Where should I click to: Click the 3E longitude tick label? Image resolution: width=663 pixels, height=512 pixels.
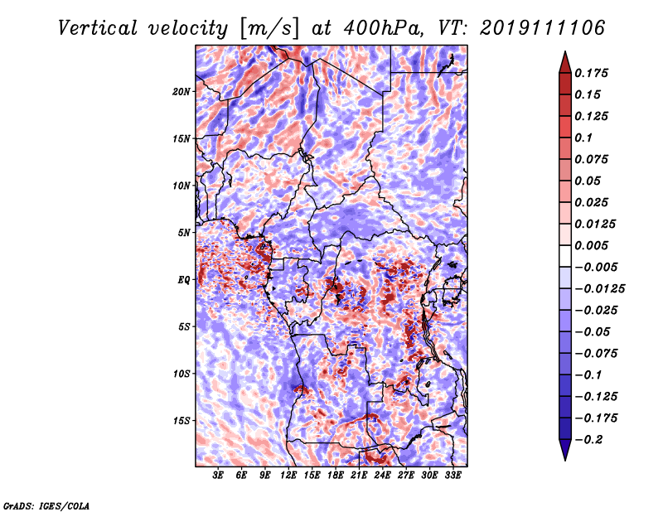(x=219, y=476)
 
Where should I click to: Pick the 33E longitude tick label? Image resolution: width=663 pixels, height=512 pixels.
(x=453, y=476)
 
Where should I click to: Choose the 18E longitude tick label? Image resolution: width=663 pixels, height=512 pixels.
(x=336, y=476)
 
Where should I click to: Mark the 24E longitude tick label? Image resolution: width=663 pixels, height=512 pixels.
(x=383, y=476)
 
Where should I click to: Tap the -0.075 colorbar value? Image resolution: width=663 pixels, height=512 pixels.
(x=598, y=354)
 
